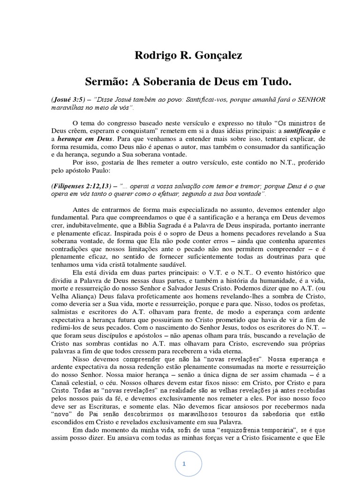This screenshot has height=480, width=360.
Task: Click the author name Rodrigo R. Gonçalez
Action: [188, 56]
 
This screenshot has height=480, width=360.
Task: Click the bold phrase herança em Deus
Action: [85, 139]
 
